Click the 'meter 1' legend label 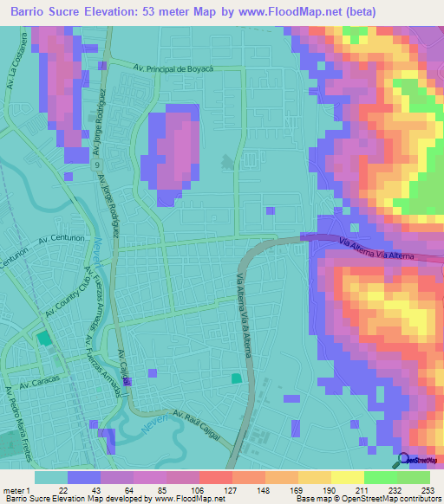point(16,489)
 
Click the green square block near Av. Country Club point(43,341)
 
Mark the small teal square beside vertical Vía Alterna point(237,378)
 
